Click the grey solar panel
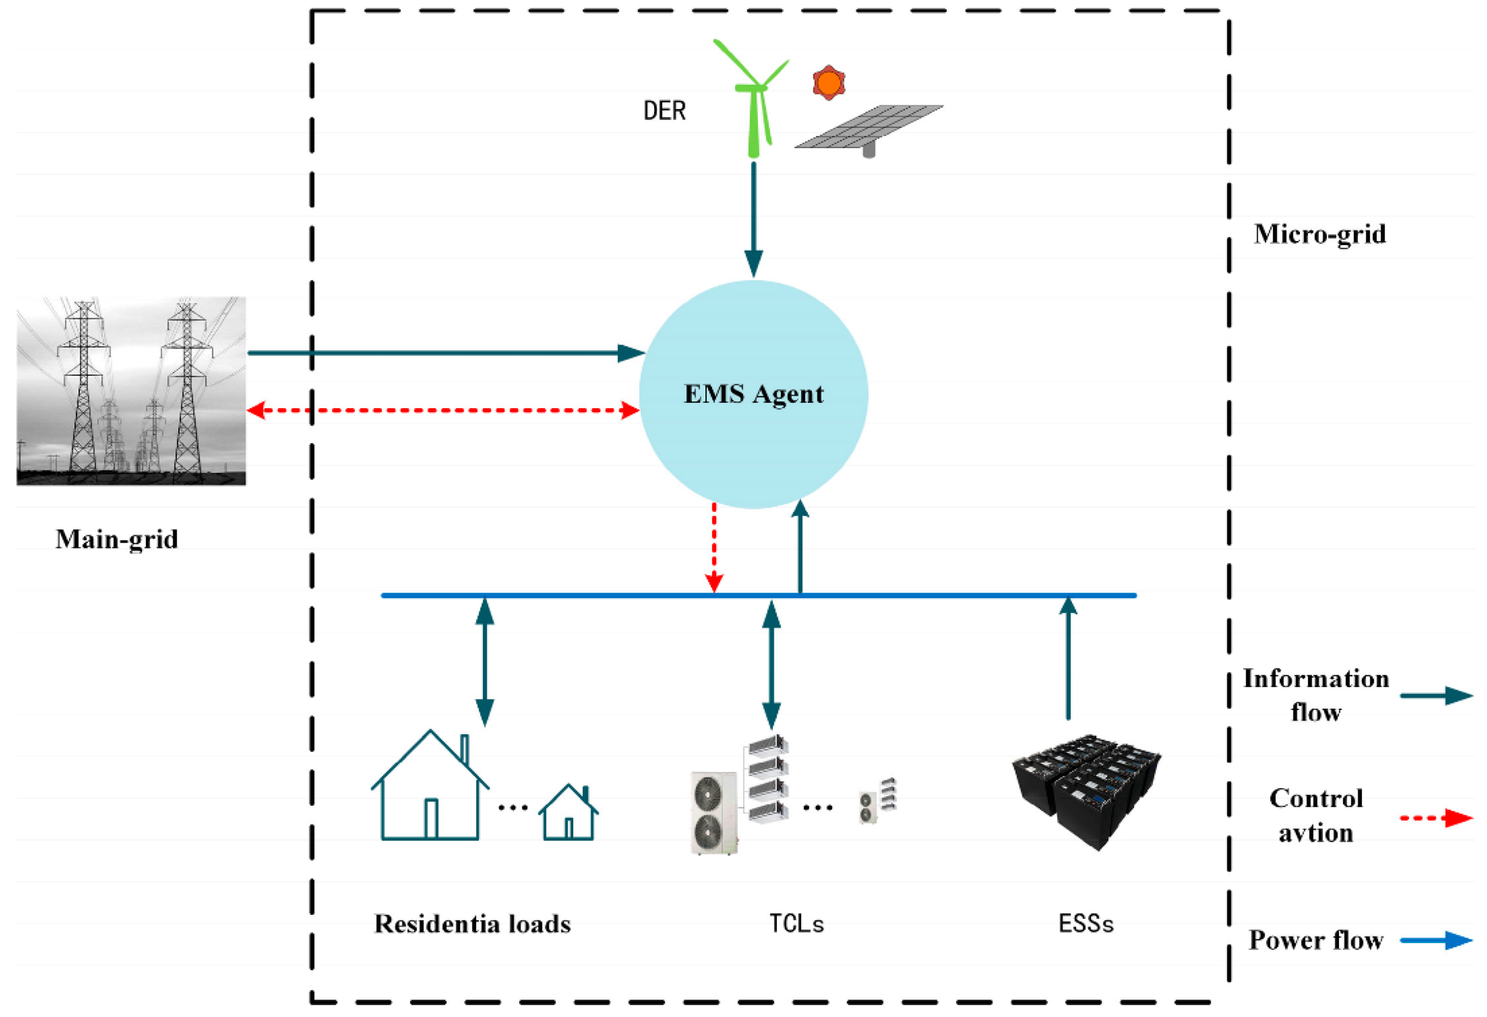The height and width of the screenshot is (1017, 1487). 868,128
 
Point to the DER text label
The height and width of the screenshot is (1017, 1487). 664,111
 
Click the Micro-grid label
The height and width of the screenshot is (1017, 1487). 1319,234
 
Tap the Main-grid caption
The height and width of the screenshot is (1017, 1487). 117,539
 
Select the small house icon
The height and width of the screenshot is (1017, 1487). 568,814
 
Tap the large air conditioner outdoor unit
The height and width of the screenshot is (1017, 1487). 713,812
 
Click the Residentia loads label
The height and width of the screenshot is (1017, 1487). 472,924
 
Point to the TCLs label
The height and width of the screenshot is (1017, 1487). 796,924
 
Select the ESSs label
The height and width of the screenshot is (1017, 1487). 1086,924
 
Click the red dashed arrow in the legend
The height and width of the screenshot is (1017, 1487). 1436,818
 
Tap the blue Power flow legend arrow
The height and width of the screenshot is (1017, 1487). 1436,940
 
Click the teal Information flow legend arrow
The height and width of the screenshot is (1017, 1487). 1436,696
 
